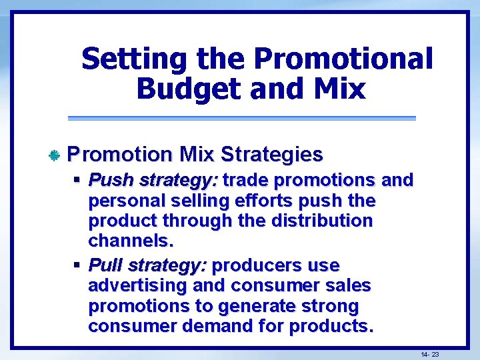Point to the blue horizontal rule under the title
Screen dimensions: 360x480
click(x=241, y=118)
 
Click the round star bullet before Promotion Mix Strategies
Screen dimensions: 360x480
click(x=55, y=155)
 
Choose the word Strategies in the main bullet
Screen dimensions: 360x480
click(x=271, y=155)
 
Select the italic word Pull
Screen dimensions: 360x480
click(x=105, y=265)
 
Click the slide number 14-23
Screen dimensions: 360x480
click(x=429, y=354)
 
